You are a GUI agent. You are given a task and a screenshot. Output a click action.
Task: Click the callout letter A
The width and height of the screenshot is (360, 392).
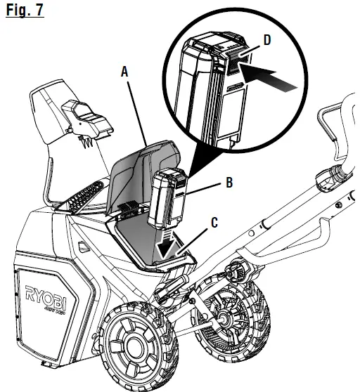124,71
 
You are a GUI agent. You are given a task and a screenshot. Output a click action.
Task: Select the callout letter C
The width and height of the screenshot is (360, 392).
214,223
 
